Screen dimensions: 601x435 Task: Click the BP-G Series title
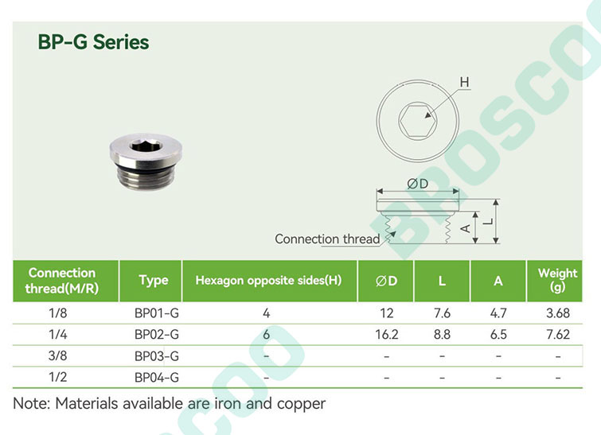coord(93,42)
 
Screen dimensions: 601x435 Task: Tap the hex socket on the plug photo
coord(146,146)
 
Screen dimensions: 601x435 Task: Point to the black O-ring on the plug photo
coord(146,167)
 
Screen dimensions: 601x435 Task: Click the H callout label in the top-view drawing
coord(464,83)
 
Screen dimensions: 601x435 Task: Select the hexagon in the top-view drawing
coord(417,119)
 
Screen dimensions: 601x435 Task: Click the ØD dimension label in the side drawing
coord(417,184)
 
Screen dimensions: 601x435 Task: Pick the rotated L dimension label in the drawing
coord(488,221)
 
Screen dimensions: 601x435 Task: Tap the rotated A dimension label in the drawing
coord(465,228)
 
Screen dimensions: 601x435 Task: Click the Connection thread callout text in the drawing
coord(327,239)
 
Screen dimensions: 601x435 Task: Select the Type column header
coord(154,280)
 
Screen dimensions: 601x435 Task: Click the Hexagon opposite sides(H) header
coord(268,280)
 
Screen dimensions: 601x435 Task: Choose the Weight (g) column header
coord(557,280)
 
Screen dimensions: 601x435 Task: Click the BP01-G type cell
coord(156,313)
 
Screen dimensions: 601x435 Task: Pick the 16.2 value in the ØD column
coord(386,335)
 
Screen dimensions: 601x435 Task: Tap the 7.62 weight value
coord(558,335)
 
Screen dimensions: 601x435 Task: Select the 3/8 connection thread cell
coord(57,355)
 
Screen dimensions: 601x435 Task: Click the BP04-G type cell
coord(156,378)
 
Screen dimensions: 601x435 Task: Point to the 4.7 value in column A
coord(498,313)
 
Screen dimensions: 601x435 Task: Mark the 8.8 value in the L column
coord(442,335)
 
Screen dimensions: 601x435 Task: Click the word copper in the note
coord(301,404)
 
